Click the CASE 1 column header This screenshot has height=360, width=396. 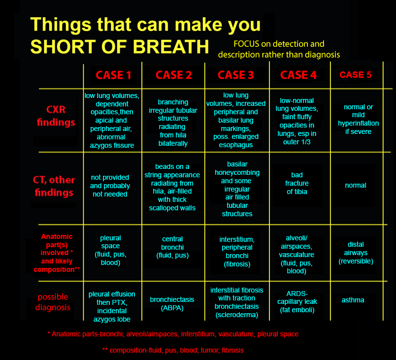[113, 75]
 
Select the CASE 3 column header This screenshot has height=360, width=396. [235, 75]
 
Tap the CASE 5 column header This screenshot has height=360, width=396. [355, 75]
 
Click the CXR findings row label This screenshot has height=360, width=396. [56, 116]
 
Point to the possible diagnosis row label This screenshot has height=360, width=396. [53, 302]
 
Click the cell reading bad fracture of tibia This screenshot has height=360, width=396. [297, 183]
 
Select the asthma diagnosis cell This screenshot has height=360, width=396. [353, 300]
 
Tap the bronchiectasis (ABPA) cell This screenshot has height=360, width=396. [172, 304]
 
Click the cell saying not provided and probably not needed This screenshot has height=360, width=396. [110, 186]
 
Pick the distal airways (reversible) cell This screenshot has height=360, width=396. [356, 253]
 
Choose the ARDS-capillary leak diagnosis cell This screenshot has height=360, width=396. [297, 302]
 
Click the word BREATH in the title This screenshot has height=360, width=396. [171, 47]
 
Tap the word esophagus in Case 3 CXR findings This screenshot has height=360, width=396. [236, 145]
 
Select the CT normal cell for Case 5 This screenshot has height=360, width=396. [355, 185]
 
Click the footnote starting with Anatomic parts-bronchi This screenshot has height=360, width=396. [173, 334]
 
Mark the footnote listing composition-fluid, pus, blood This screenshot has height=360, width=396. [173, 350]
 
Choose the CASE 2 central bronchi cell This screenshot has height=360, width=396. [172, 247]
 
